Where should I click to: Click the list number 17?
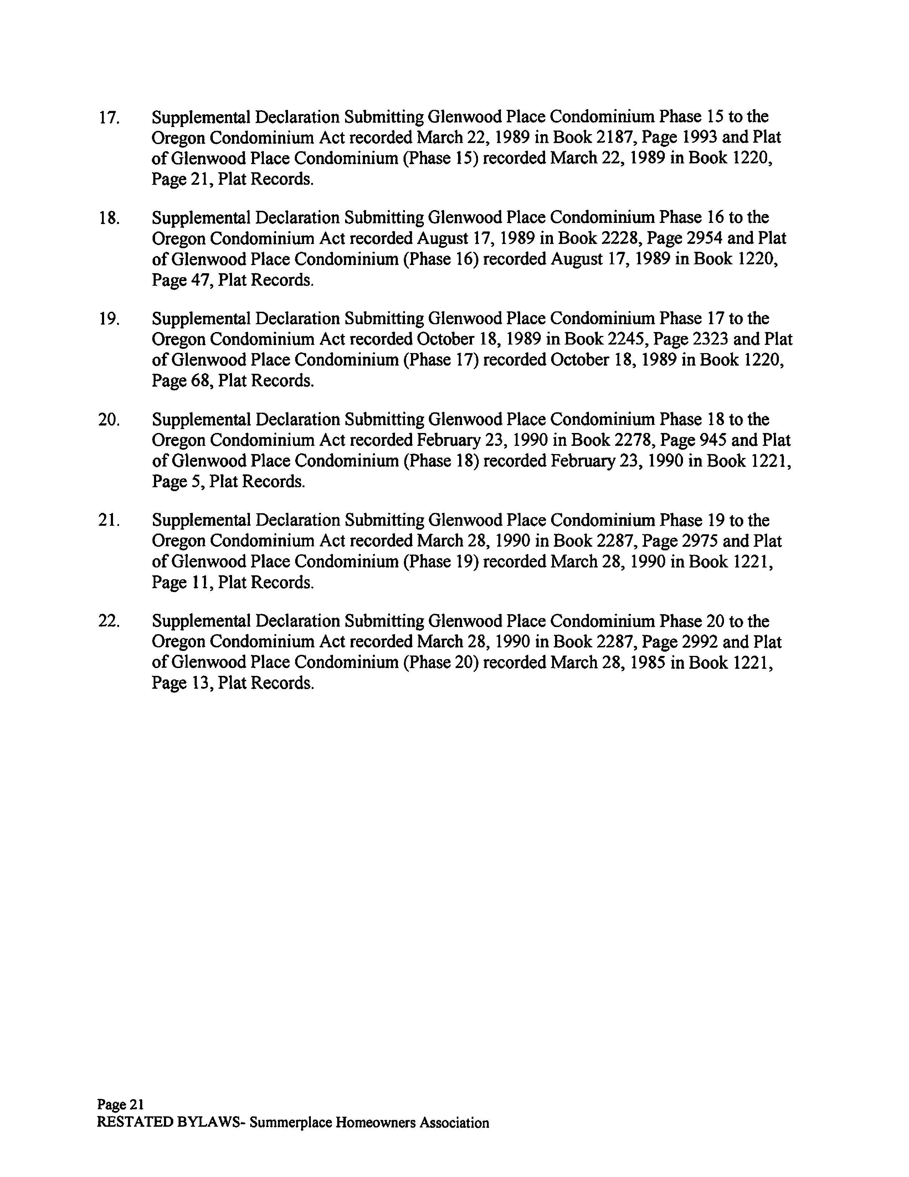coord(109,117)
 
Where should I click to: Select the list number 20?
coord(109,420)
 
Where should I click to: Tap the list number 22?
coord(109,621)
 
